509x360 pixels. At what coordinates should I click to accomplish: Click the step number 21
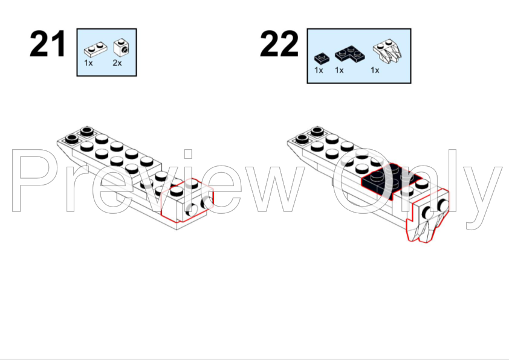pos(48,43)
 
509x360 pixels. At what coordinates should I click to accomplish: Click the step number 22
pos(279,43)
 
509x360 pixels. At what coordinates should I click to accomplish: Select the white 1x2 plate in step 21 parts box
pos(96,50)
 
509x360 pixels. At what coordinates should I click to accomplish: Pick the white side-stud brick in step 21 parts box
pos(122,48)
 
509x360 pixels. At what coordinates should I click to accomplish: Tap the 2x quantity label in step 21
pos(117,63)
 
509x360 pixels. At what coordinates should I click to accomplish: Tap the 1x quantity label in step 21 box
pos(88,63)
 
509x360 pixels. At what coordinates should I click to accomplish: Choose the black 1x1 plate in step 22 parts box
pos(322,58)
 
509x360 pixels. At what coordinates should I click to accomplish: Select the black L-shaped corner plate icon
pos(349,54)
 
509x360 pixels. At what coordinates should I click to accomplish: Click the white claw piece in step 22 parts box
pos(387,51)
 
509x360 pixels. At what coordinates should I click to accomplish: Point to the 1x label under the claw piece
pos(375,70)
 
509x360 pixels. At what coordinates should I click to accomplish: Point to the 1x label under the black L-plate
pos(339,70)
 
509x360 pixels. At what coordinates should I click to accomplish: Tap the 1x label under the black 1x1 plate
pos(319,70)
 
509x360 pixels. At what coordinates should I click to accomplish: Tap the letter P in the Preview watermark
pos(32,181)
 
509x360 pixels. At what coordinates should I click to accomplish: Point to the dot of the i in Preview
pos(188,154)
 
